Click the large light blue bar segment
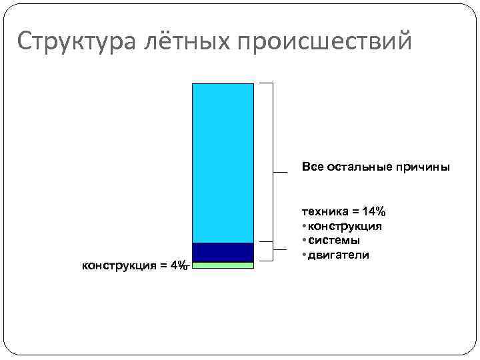(x=223, y=163)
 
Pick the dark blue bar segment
(x=223, y=252)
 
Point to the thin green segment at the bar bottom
(x=223, y=265)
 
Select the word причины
(x=424, y=166)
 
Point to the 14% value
(x=373, y=211)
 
